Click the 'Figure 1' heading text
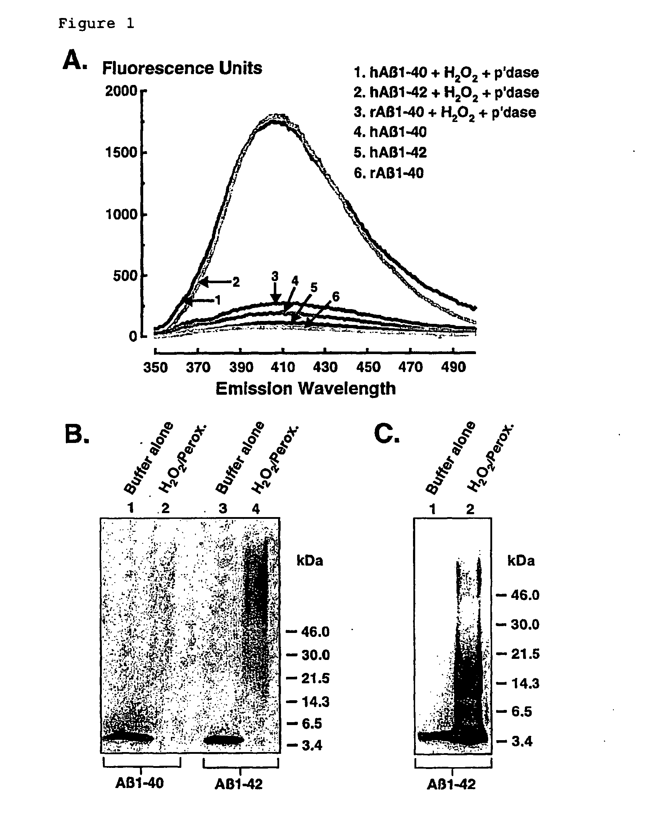[96, 24]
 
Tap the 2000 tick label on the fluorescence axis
[121, 91]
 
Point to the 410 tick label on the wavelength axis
[283, 367]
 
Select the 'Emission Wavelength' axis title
[305, 389]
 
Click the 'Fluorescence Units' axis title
[182, 68]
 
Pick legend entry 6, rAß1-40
[389, 173]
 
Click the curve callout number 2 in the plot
[236, 282]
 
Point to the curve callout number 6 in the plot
[335, 297]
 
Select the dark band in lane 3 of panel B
[224, 740]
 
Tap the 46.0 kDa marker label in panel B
[315, 632]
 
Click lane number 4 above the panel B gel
[256, 509]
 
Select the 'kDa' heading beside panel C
[521, 560]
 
